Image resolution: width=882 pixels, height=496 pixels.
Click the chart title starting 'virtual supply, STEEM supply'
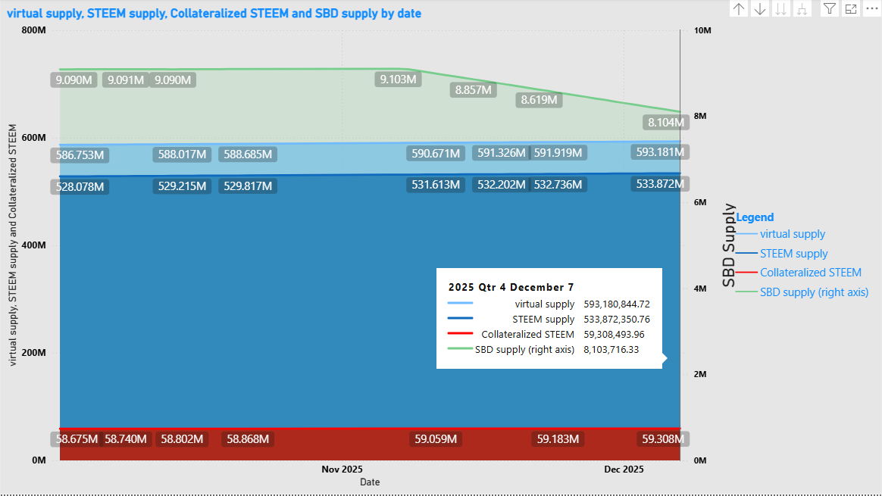[214, 14]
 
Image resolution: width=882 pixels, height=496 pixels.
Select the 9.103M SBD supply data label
[398, 79]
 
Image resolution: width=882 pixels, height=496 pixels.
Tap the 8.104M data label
[665, 122]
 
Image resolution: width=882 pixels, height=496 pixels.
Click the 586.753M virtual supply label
[80, 155]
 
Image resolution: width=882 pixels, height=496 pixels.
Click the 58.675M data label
[77, 438]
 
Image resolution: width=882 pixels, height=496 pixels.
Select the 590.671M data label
[435, 154]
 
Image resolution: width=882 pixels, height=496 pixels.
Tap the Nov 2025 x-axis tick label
[342, 469]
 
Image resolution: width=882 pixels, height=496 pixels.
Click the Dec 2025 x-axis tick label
[624, 469]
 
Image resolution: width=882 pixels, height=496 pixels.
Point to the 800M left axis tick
[34, 30]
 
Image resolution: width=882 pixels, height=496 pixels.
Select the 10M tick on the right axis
[702, 30]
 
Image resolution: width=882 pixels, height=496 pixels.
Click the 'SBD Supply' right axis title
[729, 245]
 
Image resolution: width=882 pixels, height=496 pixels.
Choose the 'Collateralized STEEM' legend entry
[810, 273]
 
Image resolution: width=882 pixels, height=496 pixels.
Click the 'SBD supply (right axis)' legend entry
[814, 292]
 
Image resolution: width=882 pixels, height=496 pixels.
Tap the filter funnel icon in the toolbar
[830, 8]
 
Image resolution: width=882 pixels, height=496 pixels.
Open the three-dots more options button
[871, 8]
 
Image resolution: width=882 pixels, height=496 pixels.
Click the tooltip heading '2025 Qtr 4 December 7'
[511, 287]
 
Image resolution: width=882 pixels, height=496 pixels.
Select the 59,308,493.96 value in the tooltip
[614, 334]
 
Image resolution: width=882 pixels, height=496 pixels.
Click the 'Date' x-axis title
[370, 482]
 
